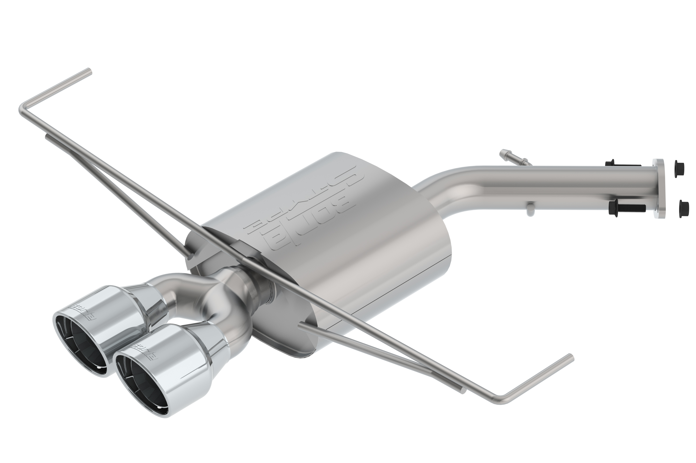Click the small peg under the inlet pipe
coord(530,208)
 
